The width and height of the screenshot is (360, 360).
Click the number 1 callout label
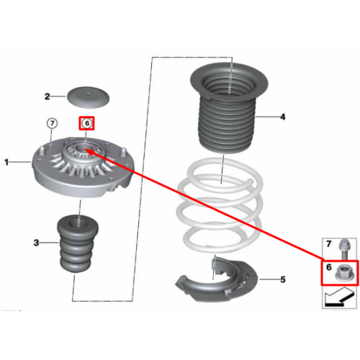pos(6,163)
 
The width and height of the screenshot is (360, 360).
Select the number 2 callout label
pos(48,96)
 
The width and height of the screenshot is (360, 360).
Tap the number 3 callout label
pos(36,243)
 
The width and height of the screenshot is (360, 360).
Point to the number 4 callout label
pos(283,117)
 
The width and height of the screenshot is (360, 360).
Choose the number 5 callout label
pos(283,279)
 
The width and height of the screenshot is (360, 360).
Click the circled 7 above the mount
pos(52,124)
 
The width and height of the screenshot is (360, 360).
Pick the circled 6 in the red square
pos(87,123)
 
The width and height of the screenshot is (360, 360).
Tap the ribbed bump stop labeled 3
pos(78,244)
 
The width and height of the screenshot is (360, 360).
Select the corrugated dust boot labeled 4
pos(228,108)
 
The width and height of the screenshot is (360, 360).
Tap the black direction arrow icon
pos(339,297)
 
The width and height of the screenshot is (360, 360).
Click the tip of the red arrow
pos(86,150)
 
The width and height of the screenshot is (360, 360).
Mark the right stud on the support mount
pos(123,152)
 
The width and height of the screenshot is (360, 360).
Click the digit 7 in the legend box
pos(329,244)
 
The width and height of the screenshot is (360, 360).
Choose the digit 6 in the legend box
pos(329,267)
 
